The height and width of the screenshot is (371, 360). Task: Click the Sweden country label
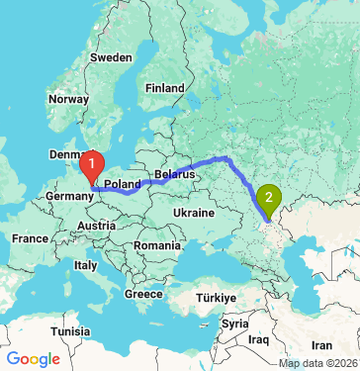(111, 57)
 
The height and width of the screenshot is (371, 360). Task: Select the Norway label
(69, 99)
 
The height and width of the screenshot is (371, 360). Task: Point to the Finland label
(164, 88)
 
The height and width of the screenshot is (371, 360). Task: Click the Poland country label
(123, 184)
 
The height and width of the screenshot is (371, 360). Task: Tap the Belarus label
(173, 173)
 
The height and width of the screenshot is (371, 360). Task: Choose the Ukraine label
(194, 213)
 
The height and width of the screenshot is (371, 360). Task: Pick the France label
(30, 238)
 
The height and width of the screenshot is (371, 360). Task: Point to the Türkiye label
(215, 297)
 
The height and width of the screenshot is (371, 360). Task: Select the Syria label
(235, 324)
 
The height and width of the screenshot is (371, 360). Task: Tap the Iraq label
(260, 339)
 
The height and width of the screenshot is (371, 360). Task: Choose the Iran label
(321, 345)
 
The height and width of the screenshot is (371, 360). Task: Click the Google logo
(34, 358)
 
